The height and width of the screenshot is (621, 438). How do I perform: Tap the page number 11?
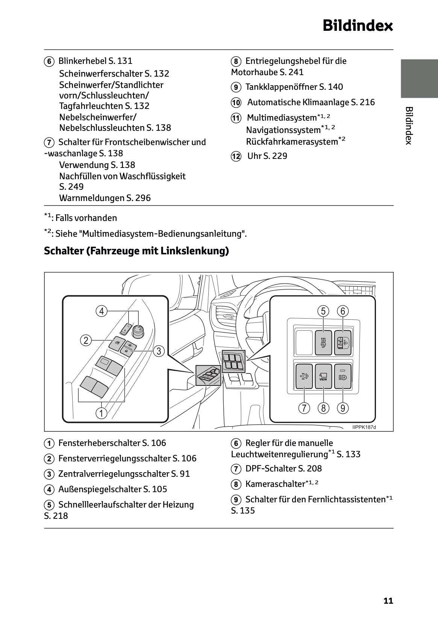tap(388, 601)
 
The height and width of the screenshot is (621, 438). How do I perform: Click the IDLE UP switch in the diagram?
tap(323, 342)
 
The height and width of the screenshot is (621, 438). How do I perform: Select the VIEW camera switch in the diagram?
tap(323, 376)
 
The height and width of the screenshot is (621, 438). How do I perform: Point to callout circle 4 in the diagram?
tap(101, 311)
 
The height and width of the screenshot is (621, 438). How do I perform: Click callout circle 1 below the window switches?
tap(101, 414)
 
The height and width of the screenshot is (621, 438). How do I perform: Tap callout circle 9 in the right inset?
tap(343, 408)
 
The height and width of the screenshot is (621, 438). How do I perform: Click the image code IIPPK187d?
tap(364, 427)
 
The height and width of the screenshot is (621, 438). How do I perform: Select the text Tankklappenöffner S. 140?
tap(294, 87)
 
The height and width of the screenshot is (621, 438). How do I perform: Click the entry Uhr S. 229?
tap(267, 156)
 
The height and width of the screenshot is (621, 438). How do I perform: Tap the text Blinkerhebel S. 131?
tap(95, 61)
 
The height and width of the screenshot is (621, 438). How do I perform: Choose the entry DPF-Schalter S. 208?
tap(283, 468)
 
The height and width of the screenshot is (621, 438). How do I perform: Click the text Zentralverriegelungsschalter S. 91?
tap(124, 474)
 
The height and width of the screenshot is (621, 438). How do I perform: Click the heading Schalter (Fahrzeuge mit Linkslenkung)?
tap(136, 251)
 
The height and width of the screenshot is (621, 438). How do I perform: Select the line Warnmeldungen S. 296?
tap(105, 198)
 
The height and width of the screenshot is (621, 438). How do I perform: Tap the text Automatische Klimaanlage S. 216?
tap(311, 102)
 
